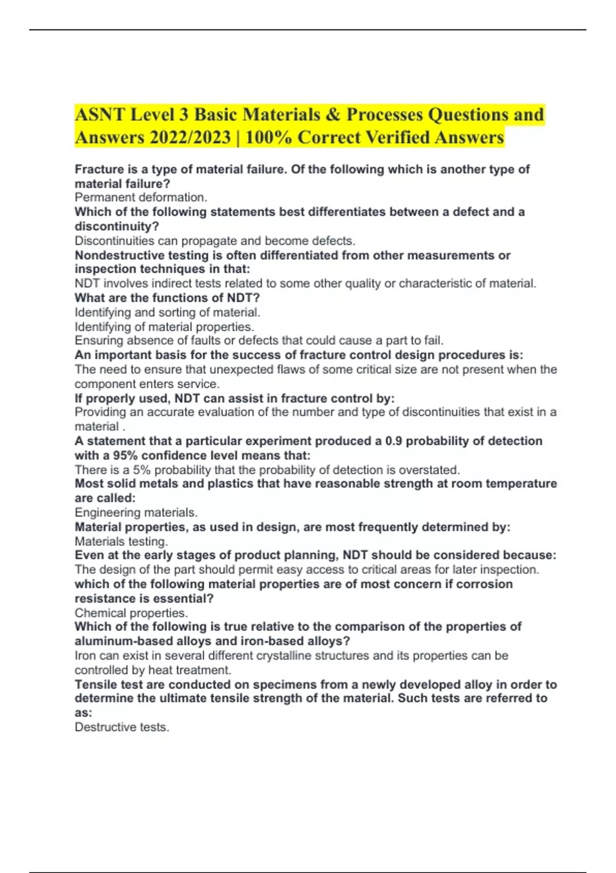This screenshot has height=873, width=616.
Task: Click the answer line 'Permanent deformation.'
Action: (x=141, y=197)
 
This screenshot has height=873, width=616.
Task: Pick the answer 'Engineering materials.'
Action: (x=136, y=513)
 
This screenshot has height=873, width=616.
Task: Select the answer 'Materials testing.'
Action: (x=121, y=541)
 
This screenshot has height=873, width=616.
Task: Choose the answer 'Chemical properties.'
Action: (x=131, y=613)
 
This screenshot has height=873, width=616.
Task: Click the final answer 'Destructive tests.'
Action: (x=122, y=727)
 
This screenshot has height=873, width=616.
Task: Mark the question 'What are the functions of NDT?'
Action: (x=167, y=298)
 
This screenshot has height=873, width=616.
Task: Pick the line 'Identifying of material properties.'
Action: (x=164, y=327)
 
